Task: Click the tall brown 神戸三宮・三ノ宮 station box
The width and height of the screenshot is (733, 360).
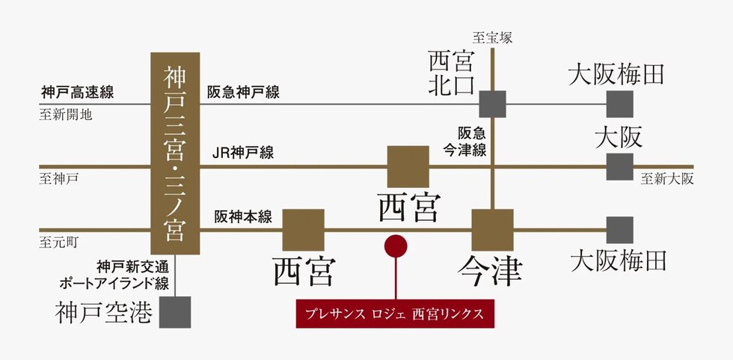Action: tap(175, 153)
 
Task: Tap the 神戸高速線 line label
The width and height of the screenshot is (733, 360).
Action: tap(78, 92)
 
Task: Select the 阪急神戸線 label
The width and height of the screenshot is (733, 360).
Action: tap(244, 92)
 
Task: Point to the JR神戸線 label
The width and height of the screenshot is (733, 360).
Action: tap(243, 153)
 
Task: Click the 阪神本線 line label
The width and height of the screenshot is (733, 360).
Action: tap(244, 217)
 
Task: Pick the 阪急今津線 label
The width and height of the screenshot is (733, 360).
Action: tap(465, 141)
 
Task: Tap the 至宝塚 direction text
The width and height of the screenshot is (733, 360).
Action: tap(492, 37)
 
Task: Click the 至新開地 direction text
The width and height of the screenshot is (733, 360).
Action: tap(66, 115)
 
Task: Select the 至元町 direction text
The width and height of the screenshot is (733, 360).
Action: tap(59, 242)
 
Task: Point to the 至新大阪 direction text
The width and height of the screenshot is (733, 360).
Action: tap(667, 179)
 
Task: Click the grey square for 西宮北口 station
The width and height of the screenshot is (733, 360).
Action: tap(493, 104)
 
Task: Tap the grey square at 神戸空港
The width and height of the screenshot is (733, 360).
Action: tap(175, 312)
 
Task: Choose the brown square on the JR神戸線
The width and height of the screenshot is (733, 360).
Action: tap(408, 166)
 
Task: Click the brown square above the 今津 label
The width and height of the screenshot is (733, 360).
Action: tap(492, 230)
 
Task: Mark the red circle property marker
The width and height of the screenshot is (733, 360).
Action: tap(396, 246)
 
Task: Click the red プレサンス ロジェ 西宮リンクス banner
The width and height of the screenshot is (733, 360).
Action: tap(395, 314)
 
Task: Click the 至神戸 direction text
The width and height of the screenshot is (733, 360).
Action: tap(59, 179)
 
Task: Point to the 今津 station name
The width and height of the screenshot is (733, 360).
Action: tap(490, 272)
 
